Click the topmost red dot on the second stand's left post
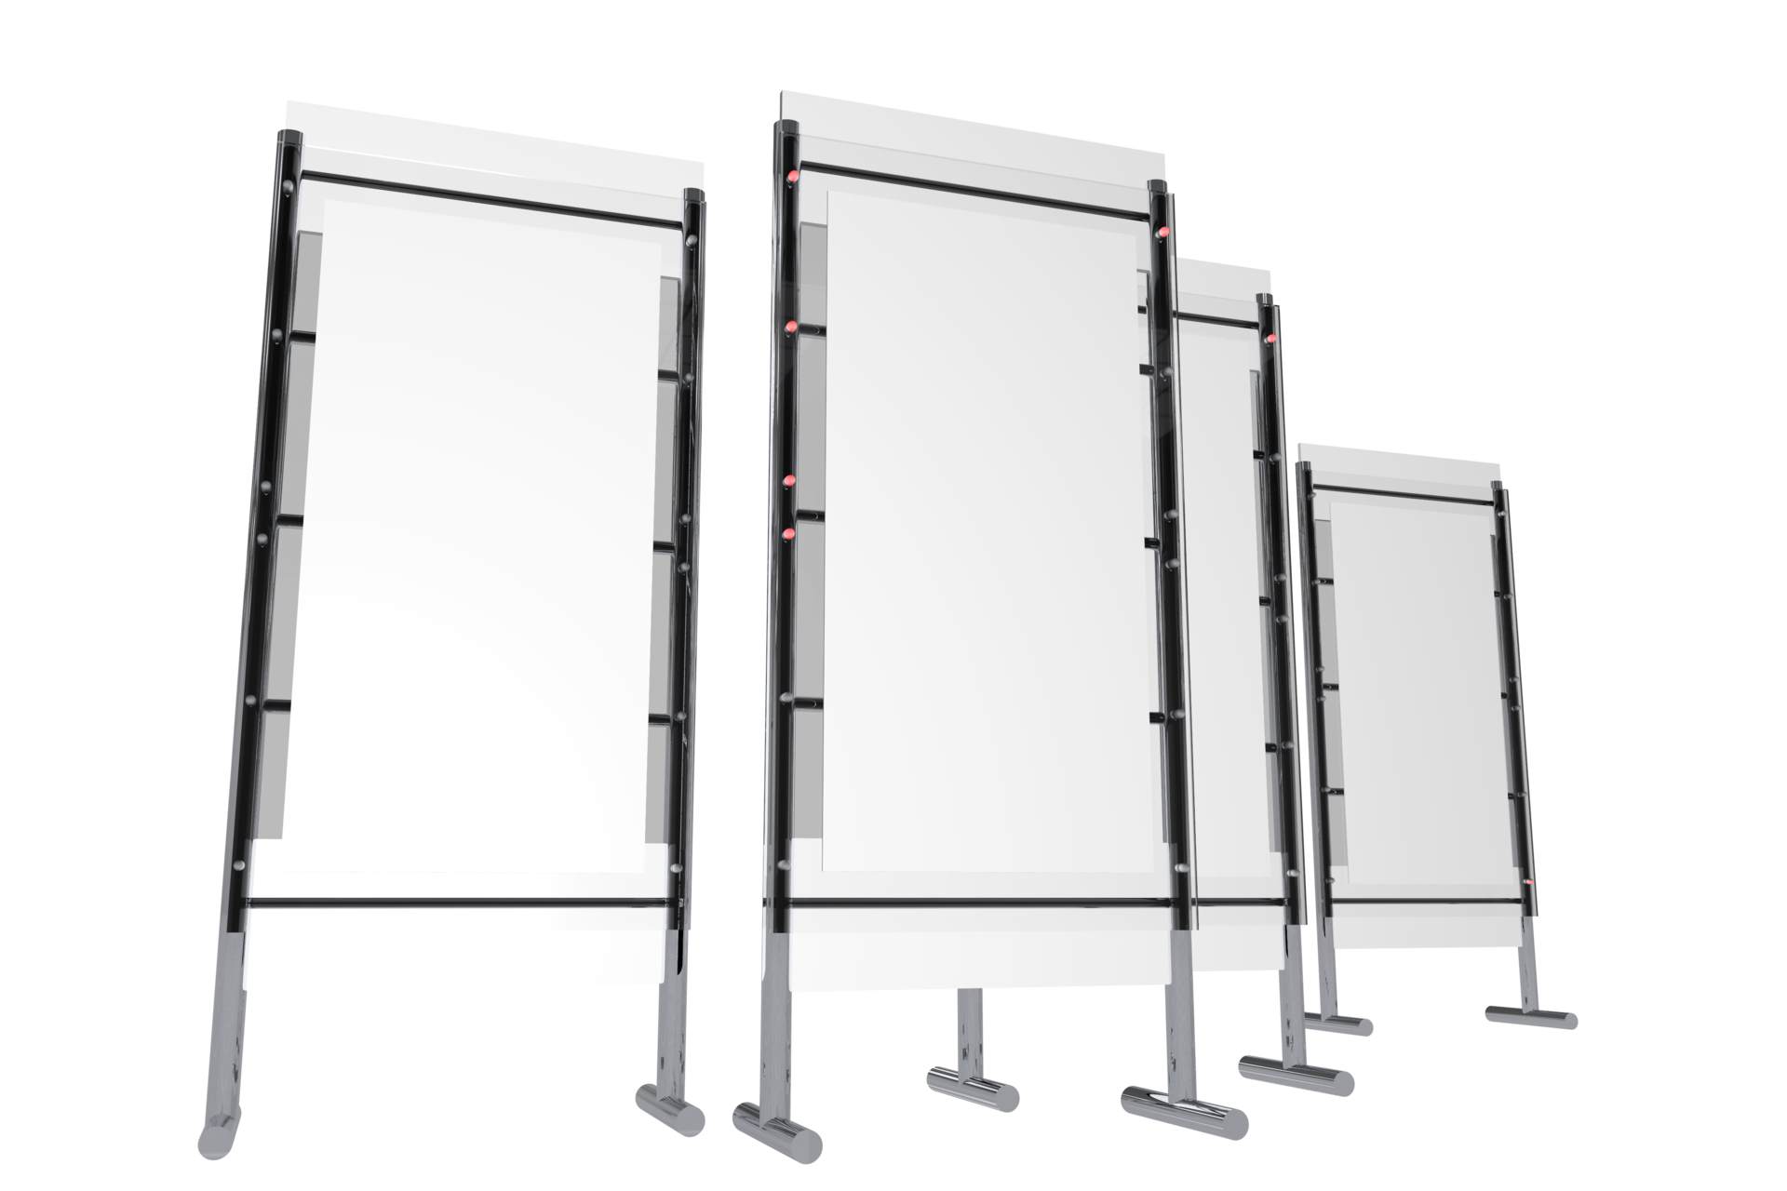(x=793, y=177)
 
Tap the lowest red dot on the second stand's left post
(x=789, y=534)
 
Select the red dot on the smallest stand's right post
(x=1529, y=880)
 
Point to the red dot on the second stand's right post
(x=1162, y=231)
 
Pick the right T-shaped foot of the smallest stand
(x=1531, y=1017)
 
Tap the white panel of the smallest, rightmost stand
(x=1405, y=689)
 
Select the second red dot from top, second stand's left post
(x=790, y=326)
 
